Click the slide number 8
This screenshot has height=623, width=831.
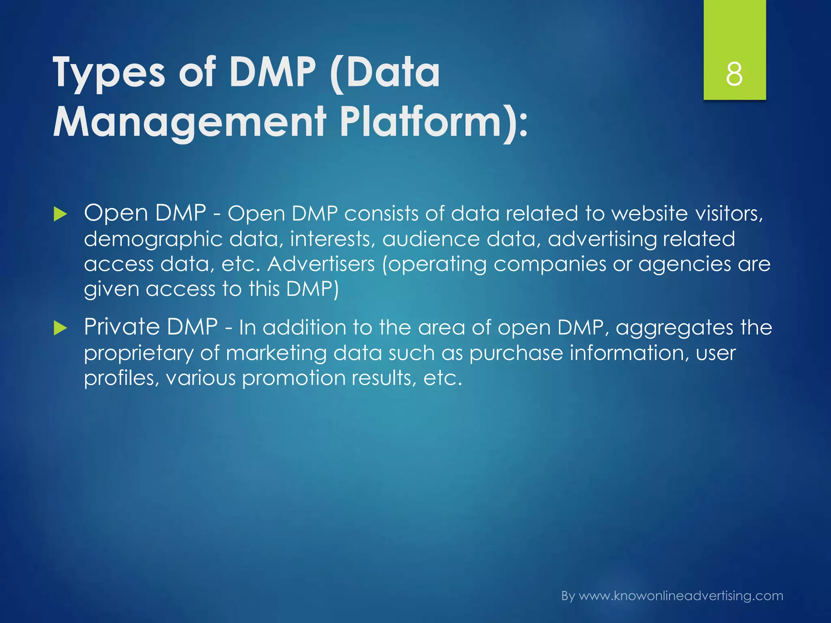734,75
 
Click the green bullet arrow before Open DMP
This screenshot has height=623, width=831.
60,214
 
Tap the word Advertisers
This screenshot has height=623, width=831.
321,264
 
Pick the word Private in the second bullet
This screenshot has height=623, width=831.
122,327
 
